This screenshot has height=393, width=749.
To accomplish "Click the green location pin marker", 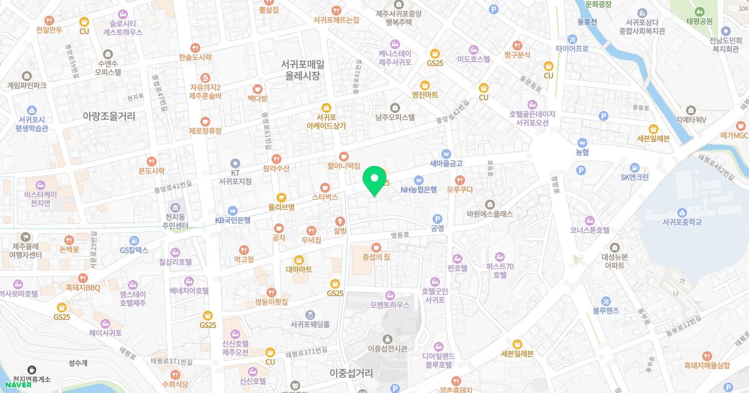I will tap(374, 180).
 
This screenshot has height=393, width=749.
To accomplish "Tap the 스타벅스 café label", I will tap(325, 196).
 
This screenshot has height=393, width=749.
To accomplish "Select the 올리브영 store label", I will tap(281, 206).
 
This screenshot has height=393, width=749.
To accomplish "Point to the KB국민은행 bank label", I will tap(232, 220).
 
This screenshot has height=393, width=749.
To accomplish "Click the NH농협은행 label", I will tap(419, 189).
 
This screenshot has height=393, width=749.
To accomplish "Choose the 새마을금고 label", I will tap(446, 163).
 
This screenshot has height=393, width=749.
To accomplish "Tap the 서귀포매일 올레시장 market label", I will tap(303, 69).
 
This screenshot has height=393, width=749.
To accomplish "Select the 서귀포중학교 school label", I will tap(683, 221).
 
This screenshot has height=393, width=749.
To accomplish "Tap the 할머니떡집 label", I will tap(344, 166).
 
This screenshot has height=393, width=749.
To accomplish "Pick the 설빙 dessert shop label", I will tap(340, 230).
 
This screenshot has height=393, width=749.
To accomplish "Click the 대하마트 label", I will tap(299, 269).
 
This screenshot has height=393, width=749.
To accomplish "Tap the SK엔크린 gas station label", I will tap(634, 177).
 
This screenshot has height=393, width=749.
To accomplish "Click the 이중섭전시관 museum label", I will tap(387, 348).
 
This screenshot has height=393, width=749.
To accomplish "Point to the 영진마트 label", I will tap(424, 95).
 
